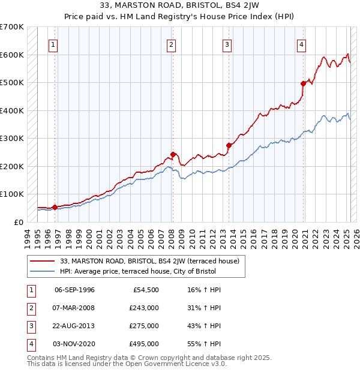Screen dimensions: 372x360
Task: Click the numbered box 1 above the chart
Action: click(x=53, y=44)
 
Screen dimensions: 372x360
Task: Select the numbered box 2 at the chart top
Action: click(x=171, y=44)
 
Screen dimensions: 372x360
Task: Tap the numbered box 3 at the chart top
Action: click(x=227, y=44)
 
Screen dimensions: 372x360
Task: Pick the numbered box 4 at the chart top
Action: click(x=301, y=44)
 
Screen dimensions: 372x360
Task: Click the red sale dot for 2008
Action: click(x=173, y=154)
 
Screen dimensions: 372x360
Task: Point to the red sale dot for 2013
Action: click(x=229, y=145)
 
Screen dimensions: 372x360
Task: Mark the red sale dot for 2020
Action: click(x=303, y=84)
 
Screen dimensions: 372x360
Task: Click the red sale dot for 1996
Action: click(x=55, y=207)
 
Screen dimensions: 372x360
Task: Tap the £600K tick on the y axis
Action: click(x=12, y=55)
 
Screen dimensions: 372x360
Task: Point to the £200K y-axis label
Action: click(x=12, y=166)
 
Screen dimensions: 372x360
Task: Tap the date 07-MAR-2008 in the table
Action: click(x=74, y=308)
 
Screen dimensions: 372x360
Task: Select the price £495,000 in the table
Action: click(x=144, y=344)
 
